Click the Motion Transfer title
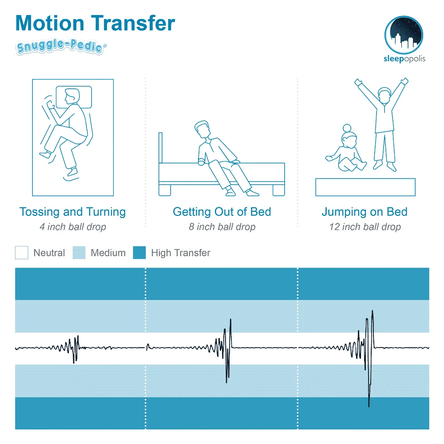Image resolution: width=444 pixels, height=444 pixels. tap(95, 23)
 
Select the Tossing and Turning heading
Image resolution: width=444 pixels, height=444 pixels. tap(72, 212)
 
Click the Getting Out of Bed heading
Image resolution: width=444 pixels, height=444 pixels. tap(222, 212)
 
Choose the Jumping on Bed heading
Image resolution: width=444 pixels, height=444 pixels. tap(364, 212)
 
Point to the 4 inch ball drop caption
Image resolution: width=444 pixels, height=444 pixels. tap(72, 227)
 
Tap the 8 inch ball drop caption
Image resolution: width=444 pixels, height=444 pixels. tap(222, 227)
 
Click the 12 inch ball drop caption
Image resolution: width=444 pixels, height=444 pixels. tap(365, 227)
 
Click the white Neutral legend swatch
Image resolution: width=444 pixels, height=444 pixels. tap(21, 253)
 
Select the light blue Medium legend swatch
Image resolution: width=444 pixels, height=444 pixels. tap(79, 253)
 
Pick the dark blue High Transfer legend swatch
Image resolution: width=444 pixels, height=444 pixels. tap(139, 253)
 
